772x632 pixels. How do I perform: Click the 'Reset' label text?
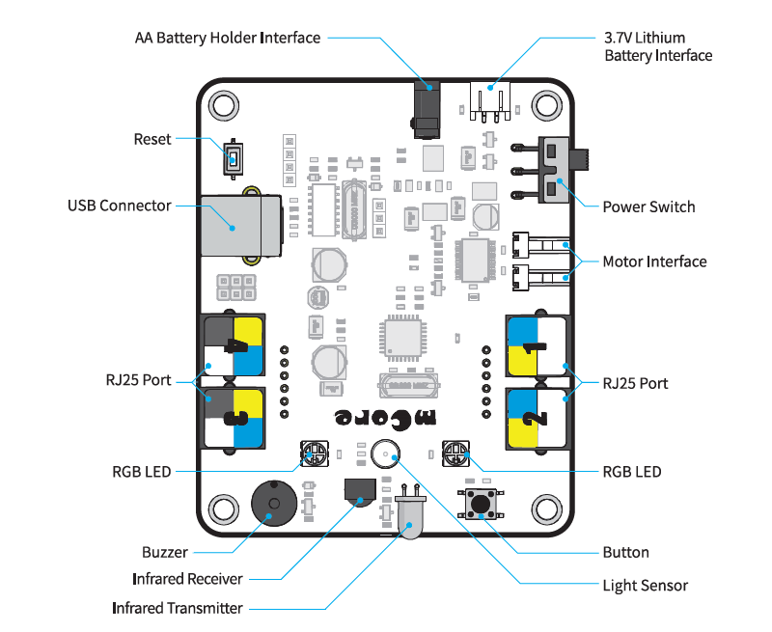tap(152, 139)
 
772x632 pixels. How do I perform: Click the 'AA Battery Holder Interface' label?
tap(228, 38)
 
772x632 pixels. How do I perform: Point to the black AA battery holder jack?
tap(427, 109)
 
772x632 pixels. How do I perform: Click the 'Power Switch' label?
tap(648, 206)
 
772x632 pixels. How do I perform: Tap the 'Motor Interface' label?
tap(654, 261)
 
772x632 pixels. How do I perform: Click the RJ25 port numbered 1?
tap(536, 346)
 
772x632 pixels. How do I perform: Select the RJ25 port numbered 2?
tap(536, 418)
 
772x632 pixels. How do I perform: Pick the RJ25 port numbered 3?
tap(234, 418)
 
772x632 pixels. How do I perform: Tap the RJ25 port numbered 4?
tap(234, 346)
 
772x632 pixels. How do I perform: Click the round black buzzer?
tap(274, 503)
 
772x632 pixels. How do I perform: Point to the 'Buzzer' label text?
tap(165, 553)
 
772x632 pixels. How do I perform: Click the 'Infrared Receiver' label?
tap(187, 579)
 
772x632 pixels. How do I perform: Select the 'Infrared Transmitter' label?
tap(178, 608)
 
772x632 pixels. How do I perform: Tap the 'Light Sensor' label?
tap(645, 585)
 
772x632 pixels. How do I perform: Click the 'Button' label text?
tap(625, 553)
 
